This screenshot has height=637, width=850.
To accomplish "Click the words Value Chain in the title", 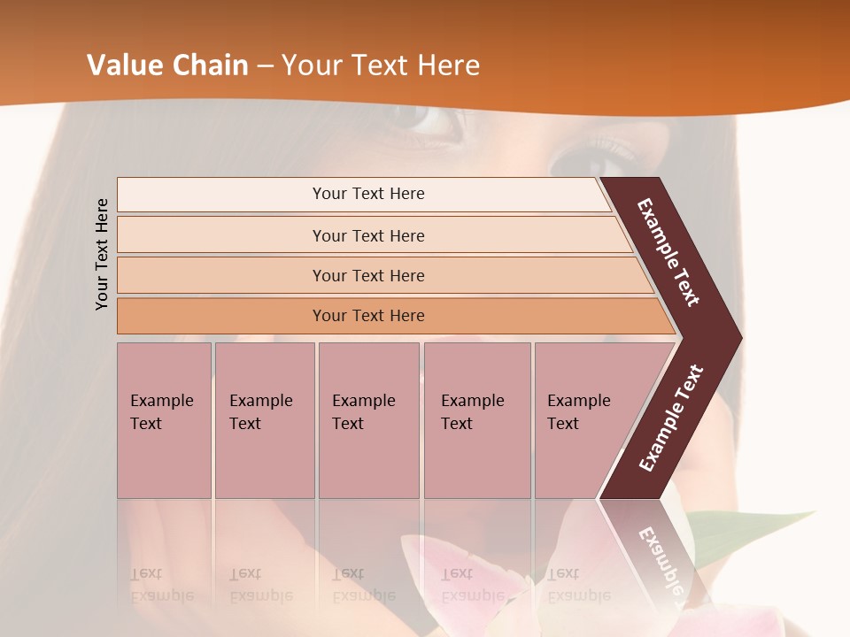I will point(167,65).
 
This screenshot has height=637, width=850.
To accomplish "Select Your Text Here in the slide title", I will point(381,65).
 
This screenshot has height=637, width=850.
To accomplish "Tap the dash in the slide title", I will point(265,66).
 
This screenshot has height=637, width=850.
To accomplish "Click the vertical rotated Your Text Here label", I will point(102,254).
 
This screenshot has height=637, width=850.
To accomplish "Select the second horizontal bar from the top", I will point(368,235).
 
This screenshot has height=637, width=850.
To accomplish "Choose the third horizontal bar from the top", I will point(368,275).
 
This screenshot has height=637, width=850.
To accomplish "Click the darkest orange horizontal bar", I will point(368,316).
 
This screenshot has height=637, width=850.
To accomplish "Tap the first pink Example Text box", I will point(164,418).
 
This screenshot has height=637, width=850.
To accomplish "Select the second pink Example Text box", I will point(264,418).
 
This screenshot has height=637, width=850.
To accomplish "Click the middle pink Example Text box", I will point(368,418).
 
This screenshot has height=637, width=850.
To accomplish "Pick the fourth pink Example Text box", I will point(476,418).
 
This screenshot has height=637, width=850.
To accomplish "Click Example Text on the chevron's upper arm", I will point(668,252).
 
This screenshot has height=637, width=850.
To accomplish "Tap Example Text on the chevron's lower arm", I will point(671,418).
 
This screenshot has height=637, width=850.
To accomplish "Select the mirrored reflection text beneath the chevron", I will point(660,557).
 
